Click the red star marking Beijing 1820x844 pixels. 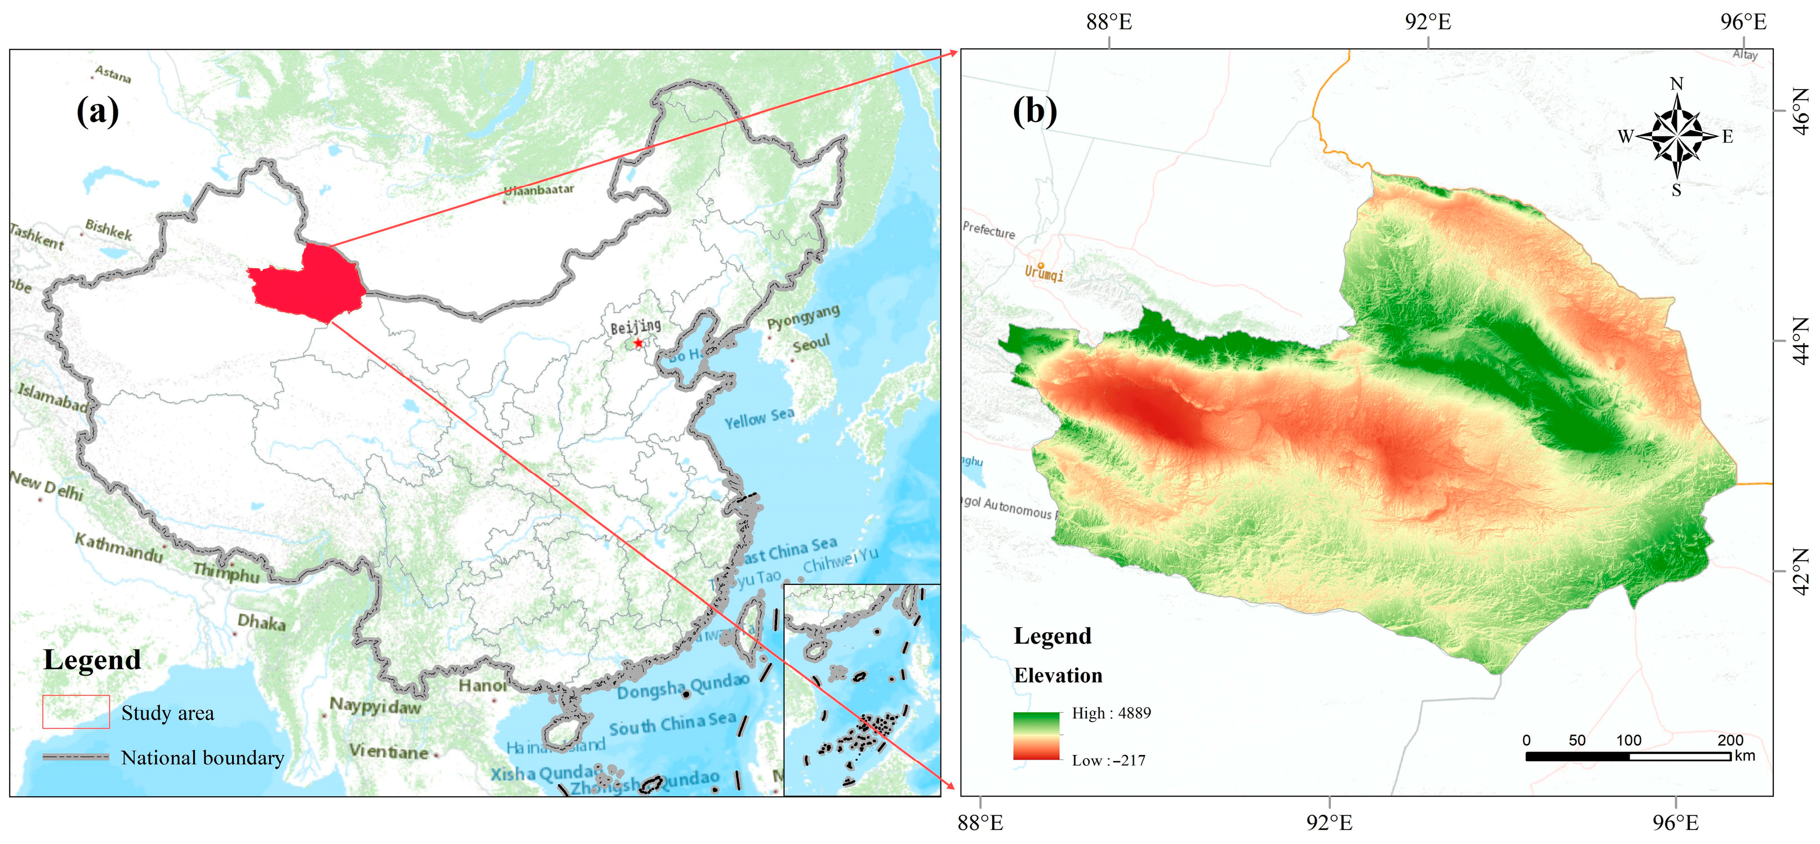click(638, 343)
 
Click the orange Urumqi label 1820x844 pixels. click(1044, 273)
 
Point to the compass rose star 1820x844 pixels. click(1676, 136)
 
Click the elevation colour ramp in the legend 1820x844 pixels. click(1036, 736)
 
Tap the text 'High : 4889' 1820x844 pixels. click(1111, 713)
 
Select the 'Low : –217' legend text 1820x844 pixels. click(1108, 761)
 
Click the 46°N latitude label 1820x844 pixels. click(1803, 111)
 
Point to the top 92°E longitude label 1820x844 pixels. click(1428, 22)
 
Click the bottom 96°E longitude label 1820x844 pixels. click(1675, 823)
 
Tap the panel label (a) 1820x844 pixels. click(97, 111)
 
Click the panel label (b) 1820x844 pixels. click(1035, 111)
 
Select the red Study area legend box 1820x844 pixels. click(76, 712)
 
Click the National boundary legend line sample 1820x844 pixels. click(76, 757)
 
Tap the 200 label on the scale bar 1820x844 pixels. click(1730, 740)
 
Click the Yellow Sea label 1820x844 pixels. click(759, 418)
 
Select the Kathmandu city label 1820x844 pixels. click(119, 548)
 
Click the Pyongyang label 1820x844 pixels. click(804, 317)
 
